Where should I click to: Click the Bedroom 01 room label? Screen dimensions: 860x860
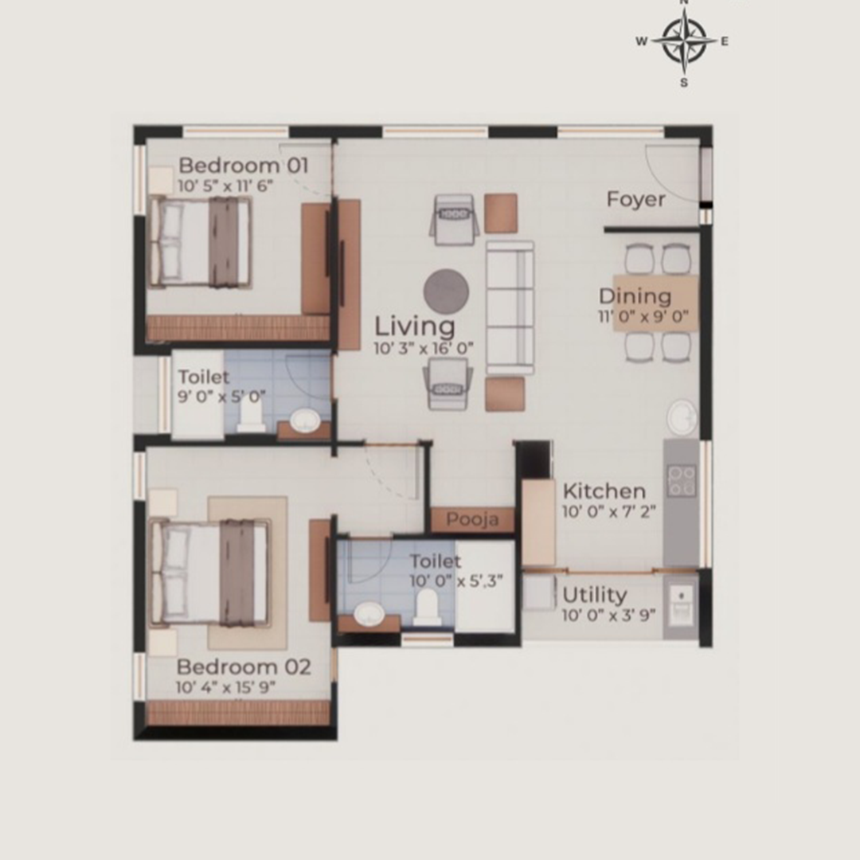tap(244, 165)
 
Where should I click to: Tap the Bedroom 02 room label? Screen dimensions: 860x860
tap(244, 667)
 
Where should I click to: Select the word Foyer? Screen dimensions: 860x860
tap(635, 200)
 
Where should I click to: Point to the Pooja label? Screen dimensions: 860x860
tap(472, 519)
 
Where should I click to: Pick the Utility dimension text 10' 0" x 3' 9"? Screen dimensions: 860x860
tap(609, 615)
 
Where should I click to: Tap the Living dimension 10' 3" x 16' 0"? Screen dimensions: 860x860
tap(424, 348)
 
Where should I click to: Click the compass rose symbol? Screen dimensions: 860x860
tap(684, 41)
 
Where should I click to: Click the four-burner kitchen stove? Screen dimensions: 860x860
tap(682, 481)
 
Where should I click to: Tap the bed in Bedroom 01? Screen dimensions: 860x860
tap(201, 242)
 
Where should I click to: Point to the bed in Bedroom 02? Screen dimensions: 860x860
tap(210, 573)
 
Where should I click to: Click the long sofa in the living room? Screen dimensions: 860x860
tap(510, 307)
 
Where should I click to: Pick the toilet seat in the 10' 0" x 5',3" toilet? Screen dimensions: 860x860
tap(428, 607)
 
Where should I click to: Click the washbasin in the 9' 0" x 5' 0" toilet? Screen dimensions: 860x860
tap(305, 420)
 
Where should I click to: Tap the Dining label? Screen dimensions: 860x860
tap(635, 297)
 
